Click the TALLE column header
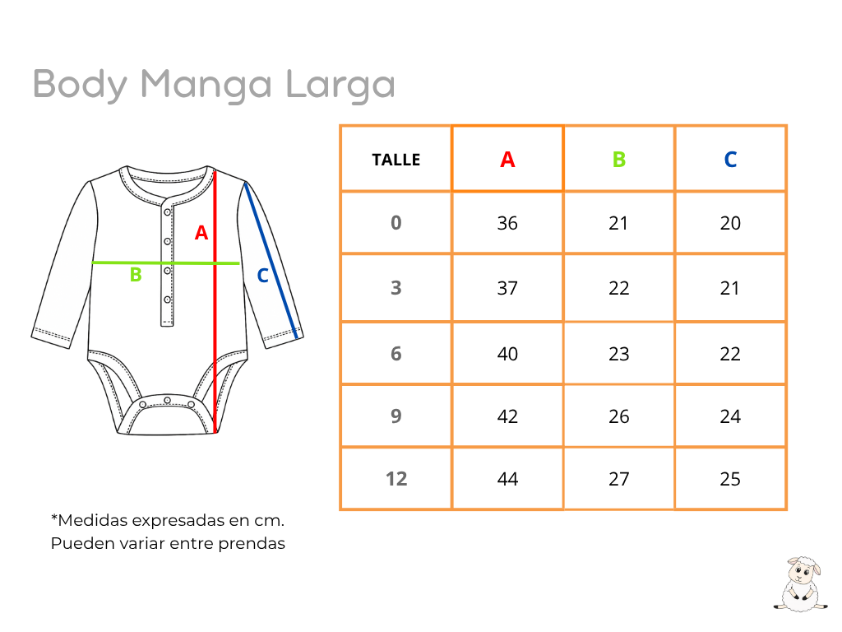(396, 160)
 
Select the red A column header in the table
(507, 160)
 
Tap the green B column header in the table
(619, 160)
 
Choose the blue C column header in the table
(730, 160)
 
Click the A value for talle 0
(507, 223)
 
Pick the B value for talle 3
(618, 288)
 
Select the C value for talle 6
(730, 354)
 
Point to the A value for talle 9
(507, 416)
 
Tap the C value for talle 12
(730, 479)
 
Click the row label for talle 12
(396, 479)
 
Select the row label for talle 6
(396, 354)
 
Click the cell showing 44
(507, 479)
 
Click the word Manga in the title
(206, 86)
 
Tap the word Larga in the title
(340, 86)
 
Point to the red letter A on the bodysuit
(201, 233)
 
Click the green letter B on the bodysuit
(136, 275)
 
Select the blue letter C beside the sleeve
(262, 276)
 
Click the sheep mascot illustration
(800, 584)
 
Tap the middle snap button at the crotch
(168, 401)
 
